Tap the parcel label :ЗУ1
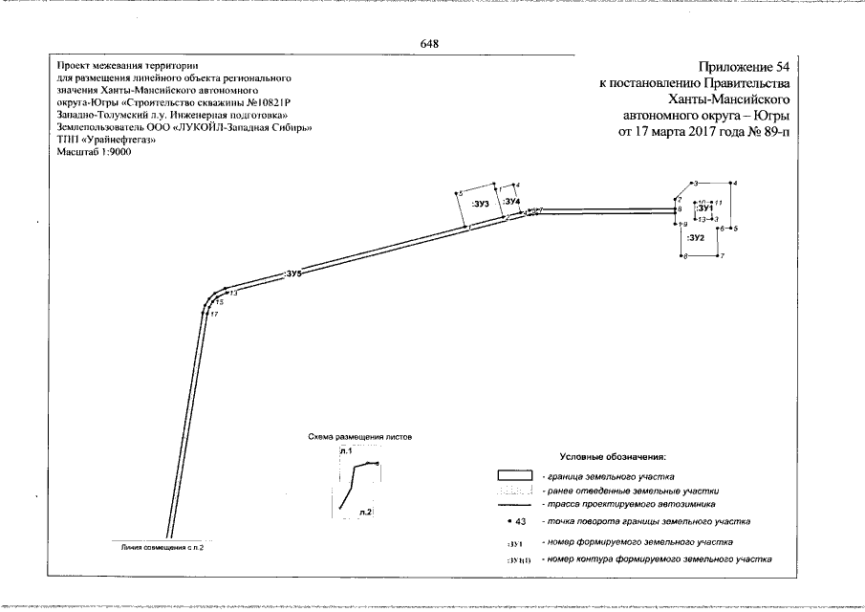pyautogui.click(x=705, y=208)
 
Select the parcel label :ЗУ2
pyautogui.click(x=696, y=236)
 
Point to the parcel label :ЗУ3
pyautogui.click(x=481, y=205)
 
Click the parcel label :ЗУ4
pyautogui.click(x=511, y=202)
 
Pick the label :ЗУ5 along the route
pyautogui.click(x=293, y=274)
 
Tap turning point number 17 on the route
pyautogui.click(x=215, y=315)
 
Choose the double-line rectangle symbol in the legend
pyautogui.click(x=513, y=475)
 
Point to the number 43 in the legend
pyautogui.click(x=521, y=521)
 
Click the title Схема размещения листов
pyautogui.click(x=359, y=435)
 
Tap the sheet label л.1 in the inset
pyautogui.click(x=346, y=449)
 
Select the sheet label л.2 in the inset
pyautogui.click(x=364, y=514)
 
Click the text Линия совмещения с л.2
pyautogui.click(x=162, y=547)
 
